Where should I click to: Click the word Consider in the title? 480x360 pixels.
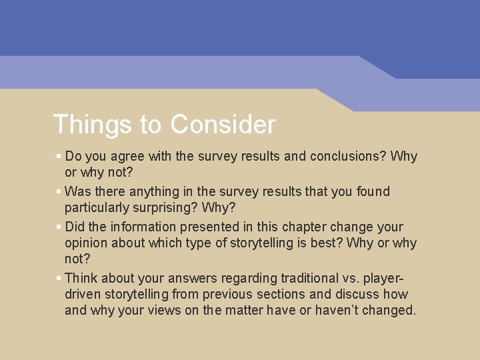(x=222, y=125)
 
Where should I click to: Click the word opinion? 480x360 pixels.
(x=88, y=243)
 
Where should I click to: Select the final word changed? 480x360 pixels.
(x=390, y=311)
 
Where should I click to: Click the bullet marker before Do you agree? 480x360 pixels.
(x=59, y=156)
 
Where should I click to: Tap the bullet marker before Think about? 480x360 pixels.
(x=59, y=278)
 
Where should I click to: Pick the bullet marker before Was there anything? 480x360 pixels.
(x=59, y=191)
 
